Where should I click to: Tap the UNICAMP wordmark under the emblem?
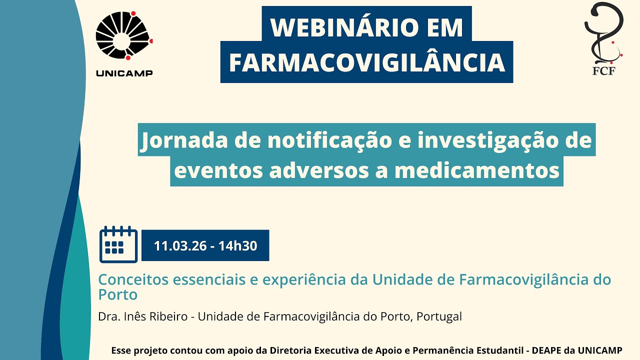[x=124, y=73]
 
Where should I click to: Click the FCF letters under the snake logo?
[x=603, y=70]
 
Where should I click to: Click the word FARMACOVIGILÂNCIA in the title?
[x=366, y=62]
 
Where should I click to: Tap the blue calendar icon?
[x=118, y=244]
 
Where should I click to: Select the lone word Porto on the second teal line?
[x=118, y=294]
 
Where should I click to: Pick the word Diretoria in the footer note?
[x=288, y=350]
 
